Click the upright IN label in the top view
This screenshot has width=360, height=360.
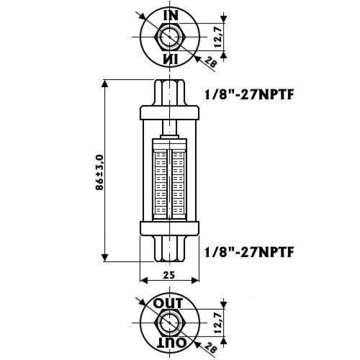point(171,15)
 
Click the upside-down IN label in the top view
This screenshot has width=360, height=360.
point(171,59)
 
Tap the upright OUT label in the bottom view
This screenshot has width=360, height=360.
point(168,303)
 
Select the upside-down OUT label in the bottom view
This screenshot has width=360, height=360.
point(171,343)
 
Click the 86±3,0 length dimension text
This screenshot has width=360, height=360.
point(100,172)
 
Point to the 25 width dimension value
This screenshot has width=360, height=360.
point(169,275)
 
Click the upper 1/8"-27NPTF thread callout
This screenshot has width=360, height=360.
point(249,94)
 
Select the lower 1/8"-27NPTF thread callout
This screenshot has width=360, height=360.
point(249,253)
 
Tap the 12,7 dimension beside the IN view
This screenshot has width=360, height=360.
point(218,37)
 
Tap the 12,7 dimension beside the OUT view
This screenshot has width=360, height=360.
point(218,323)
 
